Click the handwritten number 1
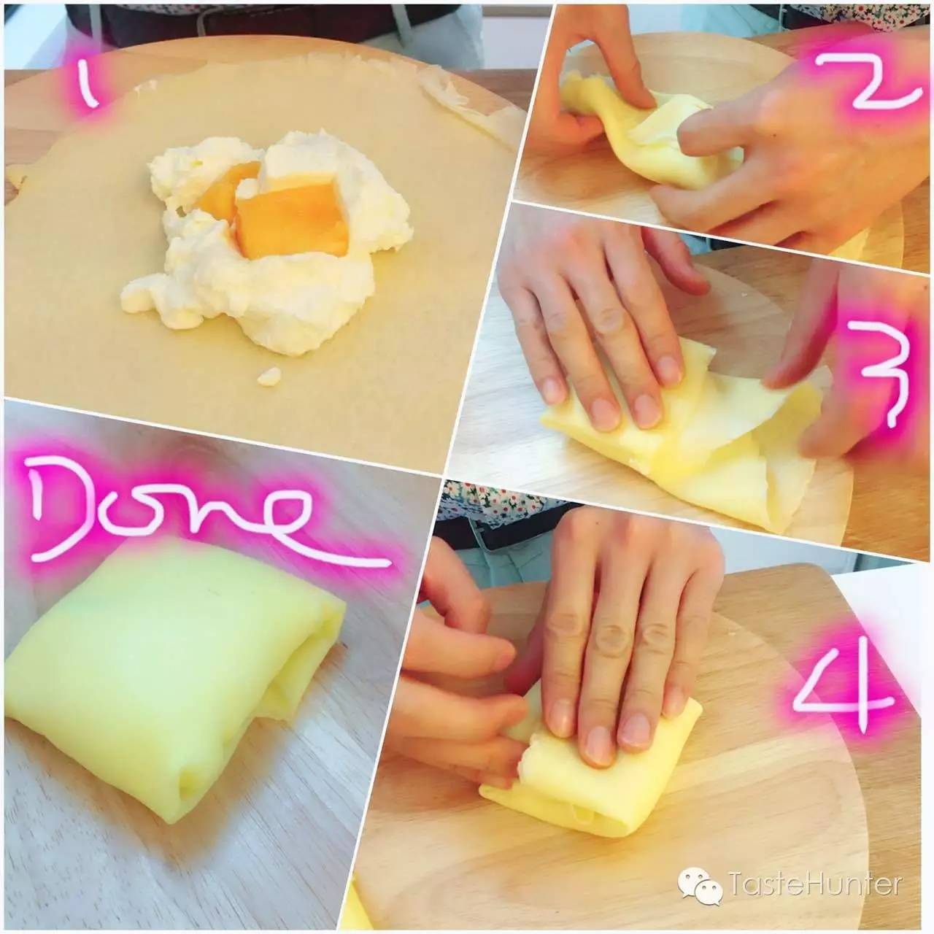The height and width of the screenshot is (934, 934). tap(90, 86)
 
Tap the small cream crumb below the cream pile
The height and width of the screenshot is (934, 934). tap(269, 376)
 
